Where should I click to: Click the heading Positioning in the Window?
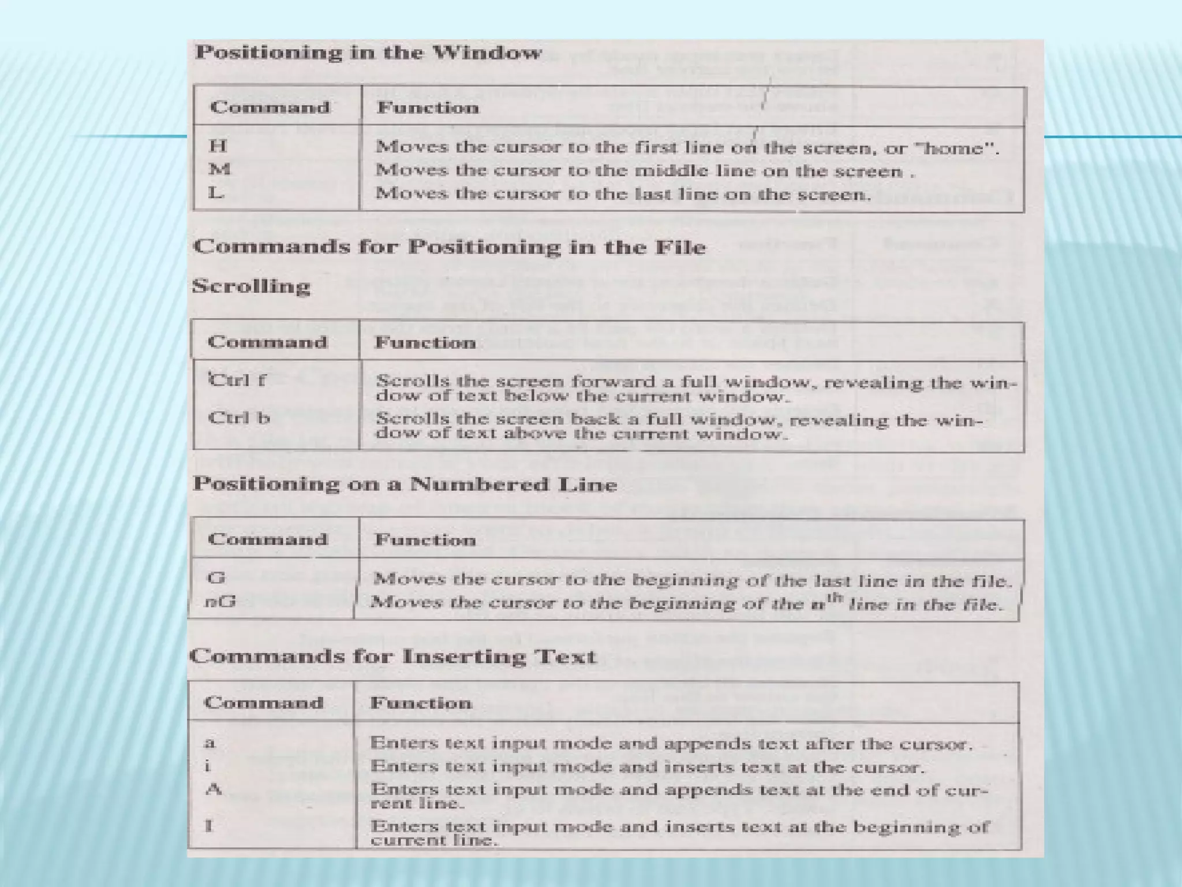368,53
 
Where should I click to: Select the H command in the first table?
218,146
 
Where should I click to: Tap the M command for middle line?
219,169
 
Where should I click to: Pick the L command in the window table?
216,193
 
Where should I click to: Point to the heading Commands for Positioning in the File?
449,247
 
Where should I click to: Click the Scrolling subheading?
251,286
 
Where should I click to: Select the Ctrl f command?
237,380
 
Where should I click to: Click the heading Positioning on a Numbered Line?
405,484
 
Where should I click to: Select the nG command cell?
220,602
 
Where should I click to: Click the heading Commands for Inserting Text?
392,657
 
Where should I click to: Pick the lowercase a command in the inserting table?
210,743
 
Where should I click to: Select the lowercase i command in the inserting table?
208,766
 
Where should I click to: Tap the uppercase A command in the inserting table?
214,789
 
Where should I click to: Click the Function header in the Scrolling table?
425,343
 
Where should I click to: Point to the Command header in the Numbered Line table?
267,539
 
